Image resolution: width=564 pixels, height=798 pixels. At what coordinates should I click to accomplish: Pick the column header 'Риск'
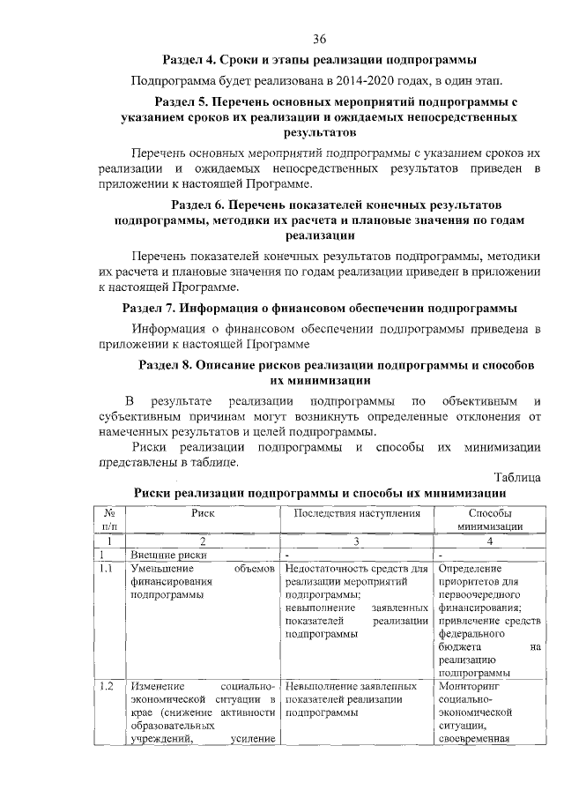(x=203, y=511)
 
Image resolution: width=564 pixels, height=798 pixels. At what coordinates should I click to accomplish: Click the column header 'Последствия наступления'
(x=357, y=511)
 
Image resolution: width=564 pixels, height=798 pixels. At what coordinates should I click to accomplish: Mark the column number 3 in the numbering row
(x=357, y=541)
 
